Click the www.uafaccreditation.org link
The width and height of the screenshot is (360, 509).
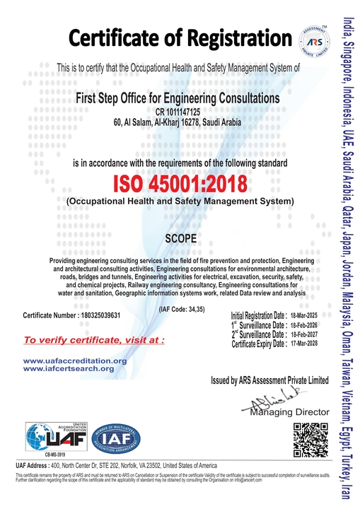coord(75,361)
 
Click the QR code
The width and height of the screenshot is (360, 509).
coord(308,439)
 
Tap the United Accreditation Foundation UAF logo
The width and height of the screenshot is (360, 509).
coord(52,437)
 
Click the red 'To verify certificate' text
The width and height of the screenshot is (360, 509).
coord(94,339)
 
